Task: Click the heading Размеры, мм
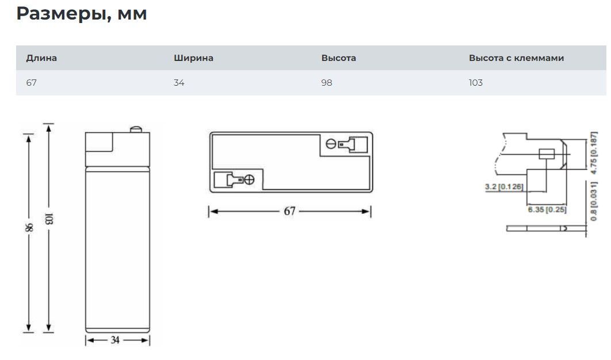pyautogui.click(x=82, y=14)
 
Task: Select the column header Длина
pyautogui.click(x=41, y=58)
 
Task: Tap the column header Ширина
pyautogui.click(x=193, y=58)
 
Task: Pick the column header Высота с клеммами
pyautogui.click(x=516, y=58)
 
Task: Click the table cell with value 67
pyautogui.click(x=31, y=83)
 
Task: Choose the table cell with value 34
pyautogui.click(x=179, y=83)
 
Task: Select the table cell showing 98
pyautogui.click(x=327, y=83)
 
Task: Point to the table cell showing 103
pyautogui.click(x=476, y=83)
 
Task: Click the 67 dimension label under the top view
pyautogui.click(x=289, y=211)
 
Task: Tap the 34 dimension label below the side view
pyautogui.click(x=115, y=340)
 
